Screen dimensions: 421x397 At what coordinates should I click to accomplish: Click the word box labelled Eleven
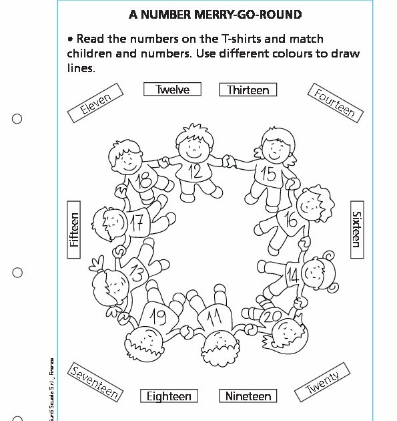tap(94, 103)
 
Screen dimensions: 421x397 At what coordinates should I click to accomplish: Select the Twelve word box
tap(172, 90)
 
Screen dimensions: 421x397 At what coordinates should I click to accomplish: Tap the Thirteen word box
tap(248, 90)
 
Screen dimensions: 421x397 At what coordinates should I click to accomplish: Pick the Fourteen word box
tap(334, 102)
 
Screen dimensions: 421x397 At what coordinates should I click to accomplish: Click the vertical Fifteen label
tap(73, 230)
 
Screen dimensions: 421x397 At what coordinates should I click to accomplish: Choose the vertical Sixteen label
tap(356, 229)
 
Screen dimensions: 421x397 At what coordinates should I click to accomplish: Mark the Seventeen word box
tap(95, 383)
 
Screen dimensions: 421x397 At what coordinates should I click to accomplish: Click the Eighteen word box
tap(169, 396)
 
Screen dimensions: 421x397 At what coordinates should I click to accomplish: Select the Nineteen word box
tap(248, 396)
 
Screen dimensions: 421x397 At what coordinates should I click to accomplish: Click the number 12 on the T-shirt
tap(195, 172)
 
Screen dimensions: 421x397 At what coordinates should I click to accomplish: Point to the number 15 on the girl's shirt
tap(268, 174)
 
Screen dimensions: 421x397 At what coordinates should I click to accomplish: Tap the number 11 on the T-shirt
tap(214, 317)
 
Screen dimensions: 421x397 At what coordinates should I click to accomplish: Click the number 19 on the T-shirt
tap(157, 315)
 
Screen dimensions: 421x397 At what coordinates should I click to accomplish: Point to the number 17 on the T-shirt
tap(136, 223)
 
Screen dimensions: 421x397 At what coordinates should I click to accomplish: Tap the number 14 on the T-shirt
tap(292, 275)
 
